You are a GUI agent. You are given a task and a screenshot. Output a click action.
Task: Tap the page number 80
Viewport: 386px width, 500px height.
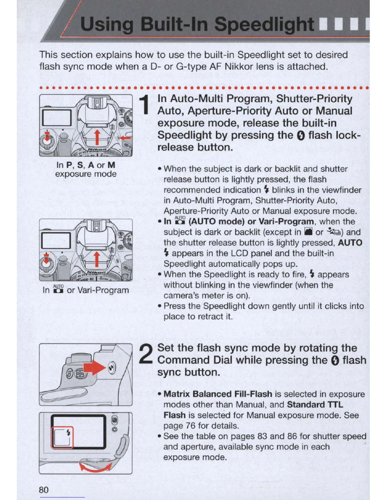pyautogui.click(x=44, y=490)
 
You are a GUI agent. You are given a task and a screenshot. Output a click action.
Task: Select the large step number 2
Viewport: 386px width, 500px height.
pyautogui.click(x=146, y=354)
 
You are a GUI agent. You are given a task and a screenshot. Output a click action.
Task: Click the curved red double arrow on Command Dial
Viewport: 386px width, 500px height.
pyautogui.click(x=96, y=466)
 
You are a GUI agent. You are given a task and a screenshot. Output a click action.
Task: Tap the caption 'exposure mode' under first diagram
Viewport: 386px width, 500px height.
pyautogui.click(x=86, y=174)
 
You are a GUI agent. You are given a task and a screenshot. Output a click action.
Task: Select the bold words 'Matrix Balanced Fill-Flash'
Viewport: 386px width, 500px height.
pyautogui.click(x=218, y=394)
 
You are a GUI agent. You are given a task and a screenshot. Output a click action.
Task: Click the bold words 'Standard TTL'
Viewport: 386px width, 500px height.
pyautogui.click(x=315, y=405)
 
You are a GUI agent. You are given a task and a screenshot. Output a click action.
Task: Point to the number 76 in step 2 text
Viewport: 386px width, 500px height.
pyautogui.click(x=190, y=426)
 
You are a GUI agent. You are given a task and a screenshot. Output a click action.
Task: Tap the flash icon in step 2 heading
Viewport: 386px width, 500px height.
pyautogui.click(x=335, y=360)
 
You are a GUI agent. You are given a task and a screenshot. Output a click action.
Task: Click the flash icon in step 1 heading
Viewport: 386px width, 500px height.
pyautogui.click(x=301, y=136)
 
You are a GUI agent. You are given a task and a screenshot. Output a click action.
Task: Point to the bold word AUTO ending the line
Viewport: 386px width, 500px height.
pyautogui.click(x=350, y=243)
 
